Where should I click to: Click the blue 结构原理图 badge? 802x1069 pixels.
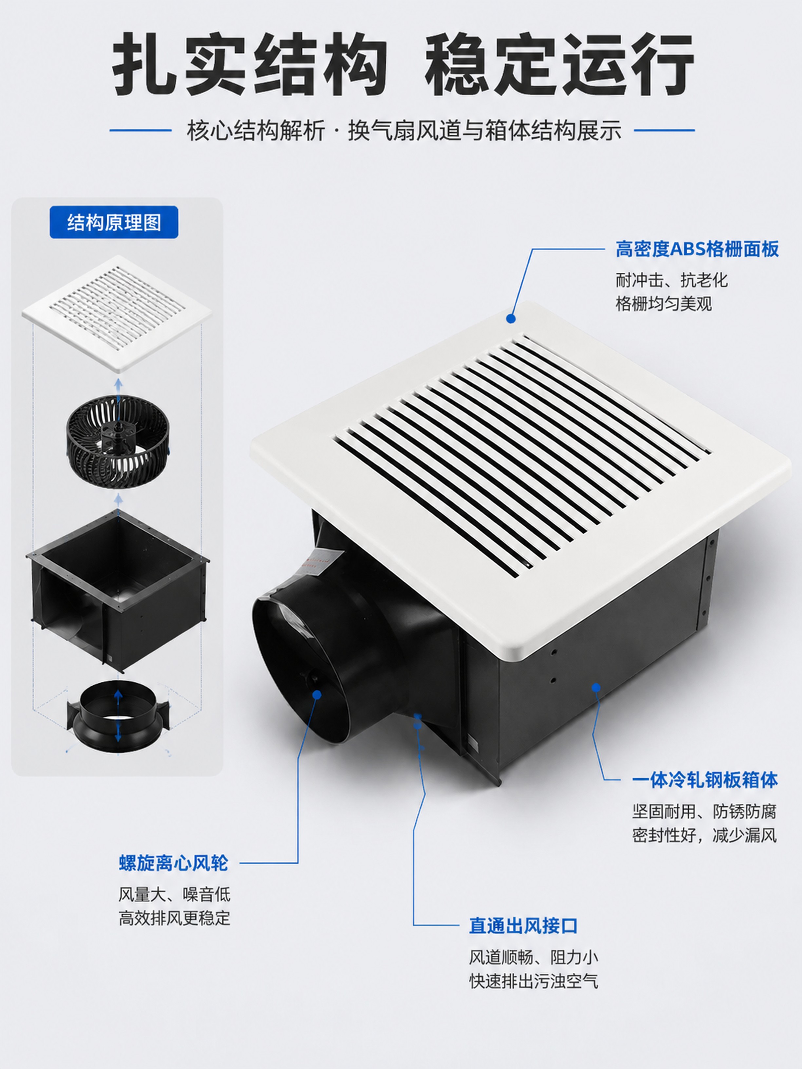[x=114, y=222]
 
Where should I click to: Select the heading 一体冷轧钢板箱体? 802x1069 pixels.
[x=705, y=780]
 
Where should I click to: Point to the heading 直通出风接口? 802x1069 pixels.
[x=524, y=926]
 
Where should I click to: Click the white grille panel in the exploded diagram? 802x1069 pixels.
[x=117, y=313]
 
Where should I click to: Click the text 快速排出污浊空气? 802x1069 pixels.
[x=534, y=981]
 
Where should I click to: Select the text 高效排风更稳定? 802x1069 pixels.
[x=175, y=918]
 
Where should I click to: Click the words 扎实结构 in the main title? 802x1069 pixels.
[x=249, y=64]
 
